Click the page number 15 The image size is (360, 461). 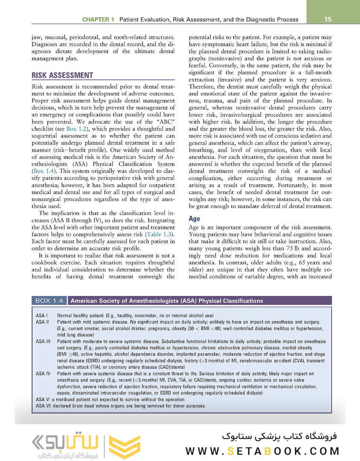click(x=328, y=19)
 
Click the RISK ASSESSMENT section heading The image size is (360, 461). click(x=62, y=75)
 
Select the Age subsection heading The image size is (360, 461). click(x=195, y=219)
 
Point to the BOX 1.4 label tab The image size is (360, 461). click(x=49, y=301)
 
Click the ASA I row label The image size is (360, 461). click(x=42, y=315)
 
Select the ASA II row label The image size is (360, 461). click(x=43, y=321)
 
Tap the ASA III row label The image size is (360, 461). click(x=43, y=341)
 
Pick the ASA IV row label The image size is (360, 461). click(x=43, y=373)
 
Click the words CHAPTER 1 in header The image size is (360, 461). click(x=98, y=20)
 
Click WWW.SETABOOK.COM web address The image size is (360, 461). click(x=263, y=451)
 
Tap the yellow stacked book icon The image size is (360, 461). click(x=125, y=446)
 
